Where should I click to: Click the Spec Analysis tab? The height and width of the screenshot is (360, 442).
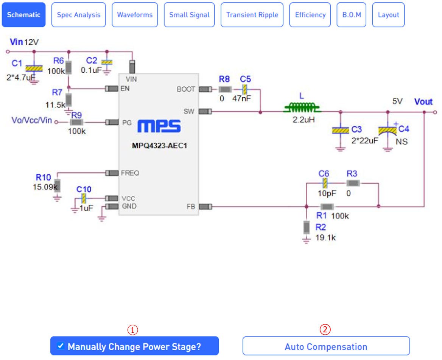click(x=78, y=15)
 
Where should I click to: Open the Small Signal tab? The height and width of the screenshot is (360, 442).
click(x=189, y=15)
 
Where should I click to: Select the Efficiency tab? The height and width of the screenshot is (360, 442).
click(x=310, y=15)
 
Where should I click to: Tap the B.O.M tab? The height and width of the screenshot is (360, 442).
click(x=351, y=15)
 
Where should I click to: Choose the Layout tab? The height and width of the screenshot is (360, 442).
click(x=388, y=15)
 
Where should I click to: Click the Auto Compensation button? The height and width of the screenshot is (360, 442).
click(x=326, y=346)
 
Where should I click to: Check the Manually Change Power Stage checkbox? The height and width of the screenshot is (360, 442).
click(x=60, y=346)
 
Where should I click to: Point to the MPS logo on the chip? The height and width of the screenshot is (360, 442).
click(x=159, y=126)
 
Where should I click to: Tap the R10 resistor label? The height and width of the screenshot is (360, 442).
click(x=43, y=177)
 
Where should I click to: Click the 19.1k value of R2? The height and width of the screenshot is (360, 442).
click(x=326, y=238)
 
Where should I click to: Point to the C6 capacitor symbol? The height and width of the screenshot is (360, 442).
click(x=324, y=183)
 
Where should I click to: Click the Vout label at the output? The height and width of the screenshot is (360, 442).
click(x=423, y=102)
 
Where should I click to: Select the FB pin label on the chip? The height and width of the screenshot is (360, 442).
click(x=191, y=207)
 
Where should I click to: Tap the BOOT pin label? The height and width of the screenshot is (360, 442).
click(x=186, y=89)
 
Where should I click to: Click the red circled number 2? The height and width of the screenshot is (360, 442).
click(x=325, y=330)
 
